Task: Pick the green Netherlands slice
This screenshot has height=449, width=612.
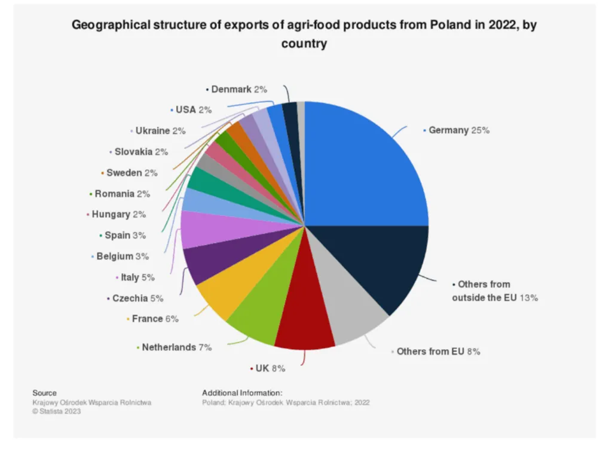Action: [257, 311]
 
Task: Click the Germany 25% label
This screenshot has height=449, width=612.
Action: [458, 130]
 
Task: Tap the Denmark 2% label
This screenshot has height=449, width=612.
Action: [238, 89]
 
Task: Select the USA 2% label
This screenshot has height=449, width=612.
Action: [194, 110]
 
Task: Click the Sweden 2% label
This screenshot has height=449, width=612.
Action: [131, 173]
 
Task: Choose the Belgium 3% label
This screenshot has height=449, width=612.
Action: [123, 256]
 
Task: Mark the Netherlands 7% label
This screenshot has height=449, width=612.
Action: [176, 347]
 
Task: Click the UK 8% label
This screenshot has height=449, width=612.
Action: [270, 368]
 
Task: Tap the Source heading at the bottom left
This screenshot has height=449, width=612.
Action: [44, 393]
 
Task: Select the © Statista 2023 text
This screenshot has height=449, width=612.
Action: [57, 411]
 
